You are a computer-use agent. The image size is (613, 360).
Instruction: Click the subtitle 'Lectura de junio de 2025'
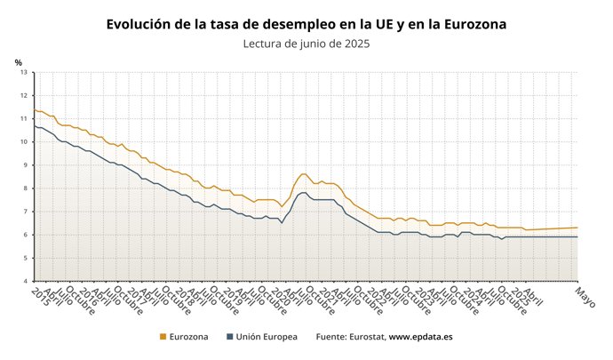(306, 44)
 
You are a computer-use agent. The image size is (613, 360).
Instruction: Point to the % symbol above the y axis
(18, 61)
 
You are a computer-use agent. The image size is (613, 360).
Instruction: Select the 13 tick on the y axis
(25, 72)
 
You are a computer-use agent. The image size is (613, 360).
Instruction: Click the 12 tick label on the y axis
(25, 95)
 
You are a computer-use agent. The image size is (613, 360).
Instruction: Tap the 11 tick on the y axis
(25, 118)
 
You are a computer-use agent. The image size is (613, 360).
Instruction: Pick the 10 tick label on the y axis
(25, 141)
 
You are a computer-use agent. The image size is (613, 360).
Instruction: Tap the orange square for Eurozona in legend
(163, 337)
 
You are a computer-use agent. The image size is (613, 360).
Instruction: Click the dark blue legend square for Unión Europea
(229, 337)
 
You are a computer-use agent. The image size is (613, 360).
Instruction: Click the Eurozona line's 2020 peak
(304, 174)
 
